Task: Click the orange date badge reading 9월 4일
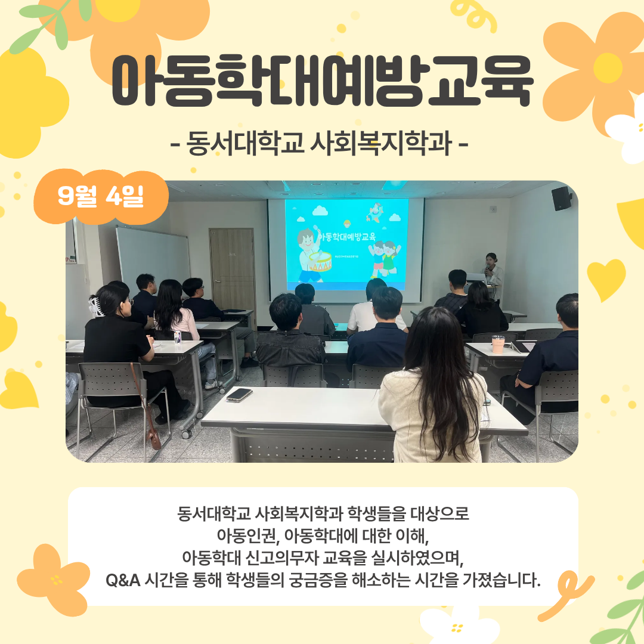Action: pyautogui.click(x=101, y=197)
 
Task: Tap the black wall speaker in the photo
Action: pyautogui.click(x=562, y=199)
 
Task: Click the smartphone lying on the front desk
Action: pyautogui.click(x=239, y=395)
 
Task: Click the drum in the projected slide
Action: pyautogui.click(x=320, y=262)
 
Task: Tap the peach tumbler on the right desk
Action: pyautogui.click(x=498, y=344)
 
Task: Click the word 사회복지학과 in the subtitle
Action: pyautogui.click(x=380, y=143)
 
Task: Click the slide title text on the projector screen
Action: pyautogui.click(x=348, y=237)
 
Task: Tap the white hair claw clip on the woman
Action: pyautogui.click(x=95, y=307)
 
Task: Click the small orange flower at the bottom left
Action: pyautogui.click(x=54, y=580)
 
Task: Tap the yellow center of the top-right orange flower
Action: pyautogui.click(x=608, y=68)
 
